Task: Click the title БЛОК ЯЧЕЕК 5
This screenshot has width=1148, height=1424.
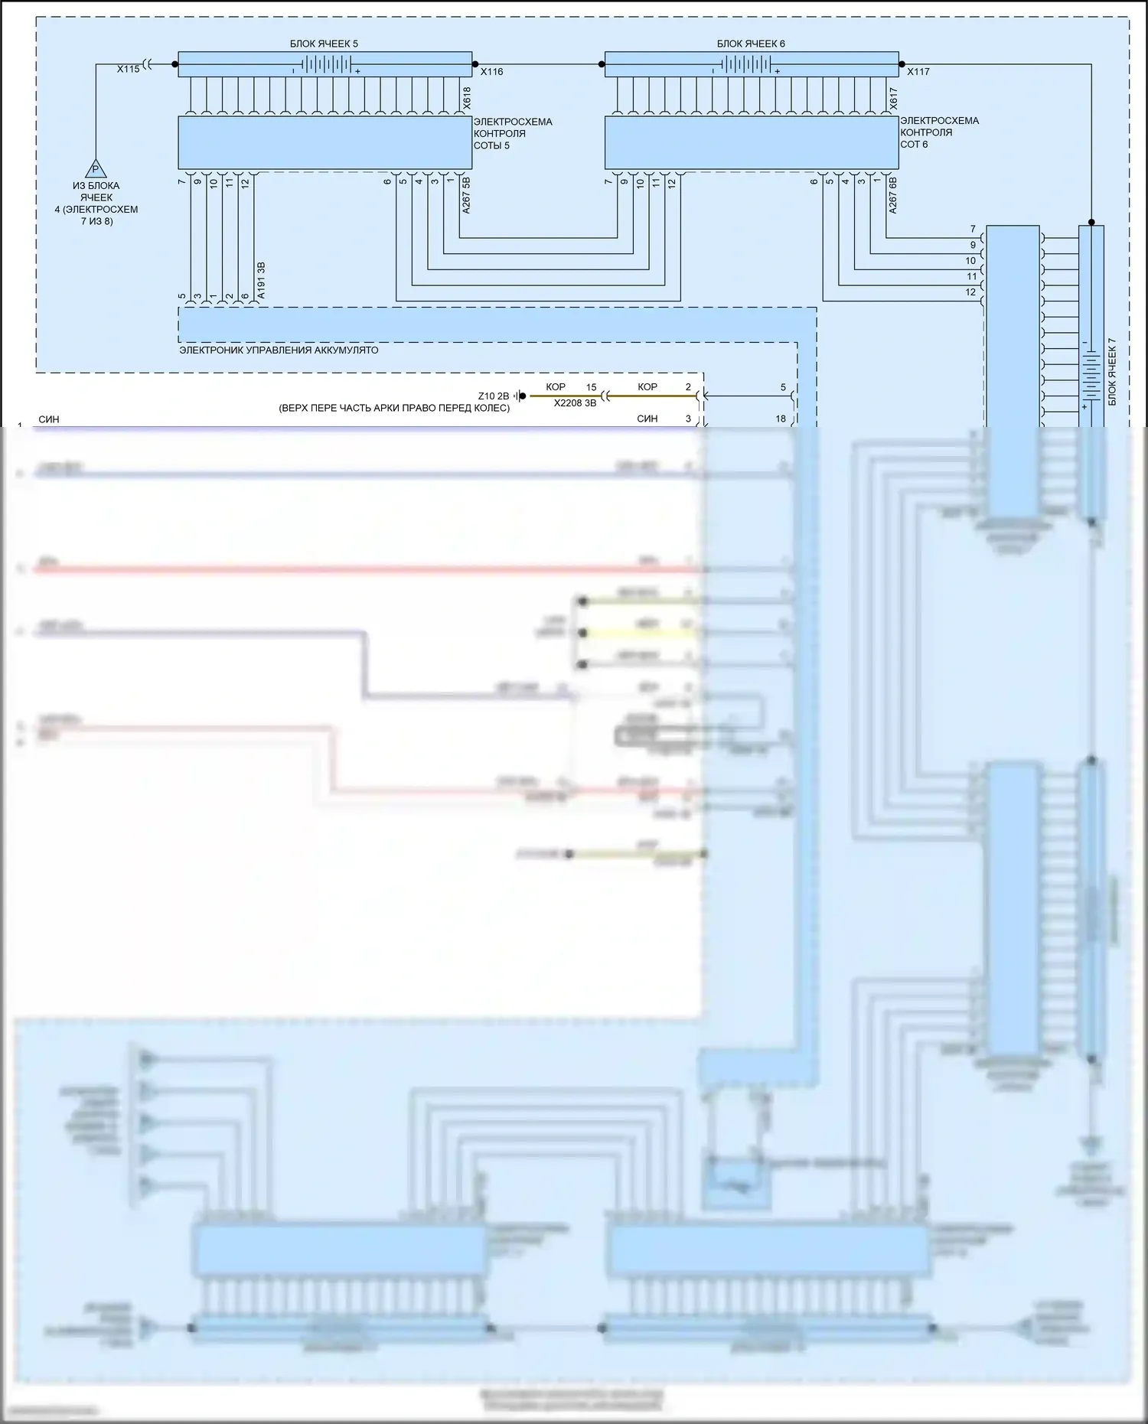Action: click(324, 44)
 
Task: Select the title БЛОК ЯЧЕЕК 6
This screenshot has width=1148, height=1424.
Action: click(751, 44)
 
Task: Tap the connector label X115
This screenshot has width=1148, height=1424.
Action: click(129, 69)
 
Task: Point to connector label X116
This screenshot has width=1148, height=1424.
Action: click(492, 72)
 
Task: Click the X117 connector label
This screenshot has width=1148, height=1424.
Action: click(918, 72)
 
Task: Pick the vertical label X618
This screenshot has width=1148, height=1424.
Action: click(467, 97)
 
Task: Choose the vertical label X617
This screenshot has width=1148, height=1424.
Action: click(894, 97)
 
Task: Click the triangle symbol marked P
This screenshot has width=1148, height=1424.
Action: click(95, 168)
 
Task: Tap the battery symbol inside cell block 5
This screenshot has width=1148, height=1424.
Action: click(325, 64)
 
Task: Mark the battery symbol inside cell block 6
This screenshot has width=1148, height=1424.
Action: click(745, 64)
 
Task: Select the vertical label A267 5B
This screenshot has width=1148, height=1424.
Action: click(467, 195)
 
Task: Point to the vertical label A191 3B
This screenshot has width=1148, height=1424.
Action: click(262, 280)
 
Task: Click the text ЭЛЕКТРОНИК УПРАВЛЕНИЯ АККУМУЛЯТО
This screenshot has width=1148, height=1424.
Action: click(279, 350)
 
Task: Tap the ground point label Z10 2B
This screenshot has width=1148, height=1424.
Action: click(493, 396)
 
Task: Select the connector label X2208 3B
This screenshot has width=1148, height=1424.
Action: click(575, 403)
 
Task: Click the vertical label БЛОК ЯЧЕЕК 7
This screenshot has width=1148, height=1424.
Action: click(1112, 371)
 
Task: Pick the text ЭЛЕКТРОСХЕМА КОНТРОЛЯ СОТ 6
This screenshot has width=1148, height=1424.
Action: click(939, 132)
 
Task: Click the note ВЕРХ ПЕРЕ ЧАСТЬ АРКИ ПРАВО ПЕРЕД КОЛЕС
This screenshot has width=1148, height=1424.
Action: click(394, 408)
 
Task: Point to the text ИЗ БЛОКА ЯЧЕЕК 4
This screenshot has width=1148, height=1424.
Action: click(96, 203)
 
